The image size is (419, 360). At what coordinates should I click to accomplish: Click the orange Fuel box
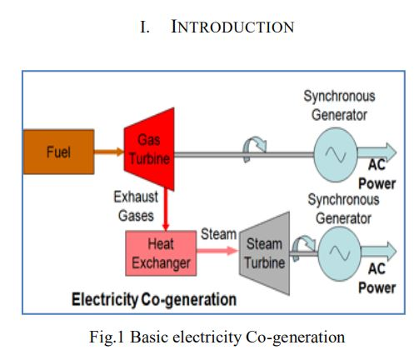58,152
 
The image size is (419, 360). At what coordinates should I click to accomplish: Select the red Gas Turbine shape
149,149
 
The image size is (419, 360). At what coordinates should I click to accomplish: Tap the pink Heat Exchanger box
161,253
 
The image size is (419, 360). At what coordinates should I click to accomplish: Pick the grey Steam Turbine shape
265,253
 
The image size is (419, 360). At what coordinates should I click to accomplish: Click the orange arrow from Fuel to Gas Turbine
109,152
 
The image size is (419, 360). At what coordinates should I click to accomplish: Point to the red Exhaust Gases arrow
166,210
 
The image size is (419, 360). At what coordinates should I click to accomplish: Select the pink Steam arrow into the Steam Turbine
217,251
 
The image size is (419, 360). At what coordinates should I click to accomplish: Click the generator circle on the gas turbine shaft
336,155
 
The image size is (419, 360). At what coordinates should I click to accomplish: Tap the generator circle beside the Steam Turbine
340,253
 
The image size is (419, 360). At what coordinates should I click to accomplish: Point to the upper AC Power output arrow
377,152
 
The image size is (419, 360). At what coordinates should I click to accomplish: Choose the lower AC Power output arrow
379,251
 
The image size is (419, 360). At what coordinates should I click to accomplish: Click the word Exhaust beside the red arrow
136,197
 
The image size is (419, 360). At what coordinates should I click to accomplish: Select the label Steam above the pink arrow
218,234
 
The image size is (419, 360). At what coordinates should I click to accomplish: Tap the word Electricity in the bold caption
105,300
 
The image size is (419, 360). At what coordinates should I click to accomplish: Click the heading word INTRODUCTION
232,27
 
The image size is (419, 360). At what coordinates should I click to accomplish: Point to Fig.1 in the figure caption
107,337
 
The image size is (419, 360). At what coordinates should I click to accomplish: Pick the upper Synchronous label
339,97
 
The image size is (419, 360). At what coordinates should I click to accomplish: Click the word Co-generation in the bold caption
189,300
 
